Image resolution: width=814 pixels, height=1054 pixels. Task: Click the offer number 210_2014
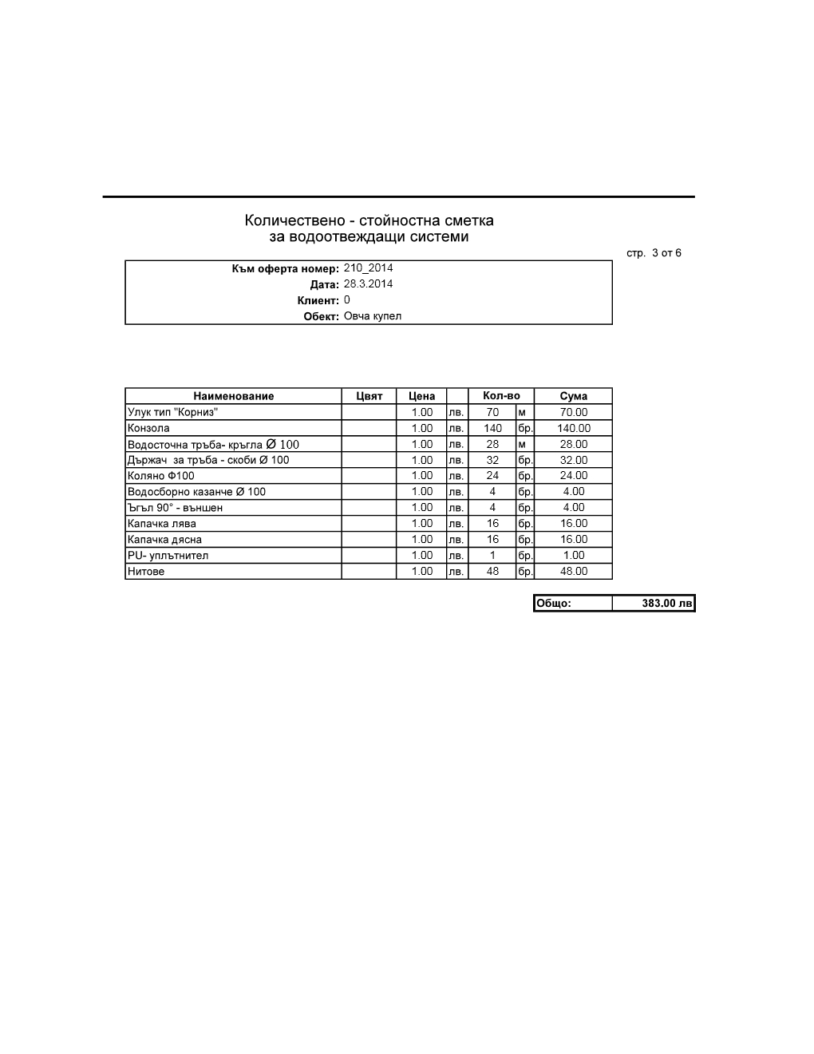point(368,268)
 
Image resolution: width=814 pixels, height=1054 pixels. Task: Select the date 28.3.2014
point(368,284)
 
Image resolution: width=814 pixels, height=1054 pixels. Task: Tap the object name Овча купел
point(373,316)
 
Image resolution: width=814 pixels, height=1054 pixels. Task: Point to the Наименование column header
point(233,396)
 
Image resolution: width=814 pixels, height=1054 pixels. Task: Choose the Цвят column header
point(369,396)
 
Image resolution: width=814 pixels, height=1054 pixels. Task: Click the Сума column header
point(573,396)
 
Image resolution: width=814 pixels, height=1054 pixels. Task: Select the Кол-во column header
point(501,396)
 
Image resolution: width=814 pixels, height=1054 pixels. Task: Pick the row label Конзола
point(148,428)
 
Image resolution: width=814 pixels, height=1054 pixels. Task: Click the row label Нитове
point(146,572)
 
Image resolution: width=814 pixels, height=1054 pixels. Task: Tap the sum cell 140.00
point(573,428)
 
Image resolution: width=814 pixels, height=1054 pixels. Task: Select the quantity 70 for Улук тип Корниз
point(492,412)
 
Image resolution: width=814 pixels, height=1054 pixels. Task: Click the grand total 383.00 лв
point(667,604)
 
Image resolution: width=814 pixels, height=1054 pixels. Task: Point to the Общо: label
point(554,604)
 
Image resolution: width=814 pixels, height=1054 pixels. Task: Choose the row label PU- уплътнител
point(168,556)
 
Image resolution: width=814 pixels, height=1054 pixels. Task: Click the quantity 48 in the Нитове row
point(492,572)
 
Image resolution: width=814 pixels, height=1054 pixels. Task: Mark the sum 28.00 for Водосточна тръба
point(573,444)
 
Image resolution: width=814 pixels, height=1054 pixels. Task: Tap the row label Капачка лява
point(162,524)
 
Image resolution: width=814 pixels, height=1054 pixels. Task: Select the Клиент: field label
point(318,301)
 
